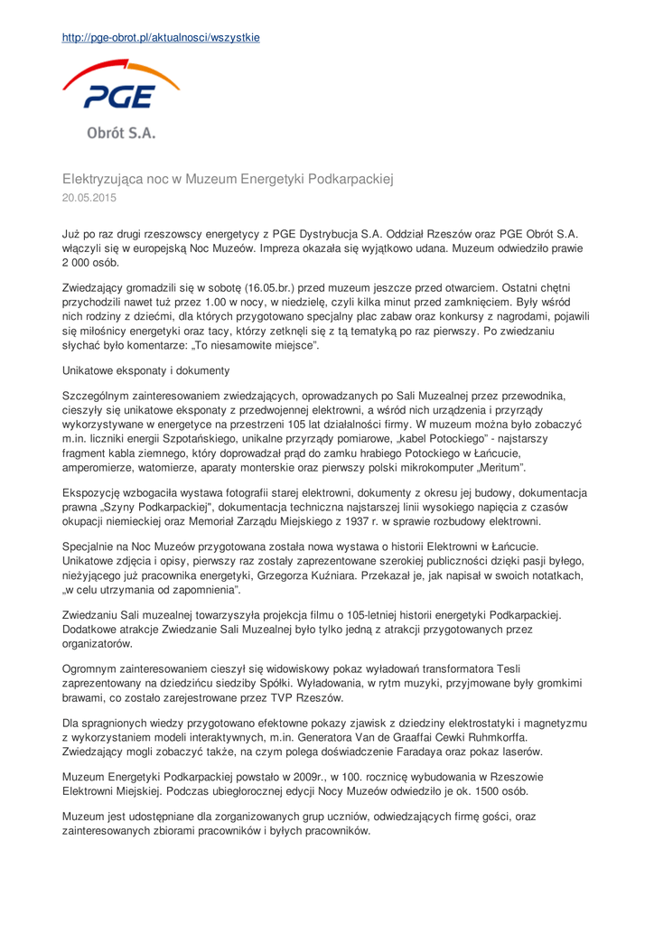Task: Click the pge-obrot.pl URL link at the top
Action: (x=161, y=38)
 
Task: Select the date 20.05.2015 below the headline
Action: (x=89, y=196)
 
